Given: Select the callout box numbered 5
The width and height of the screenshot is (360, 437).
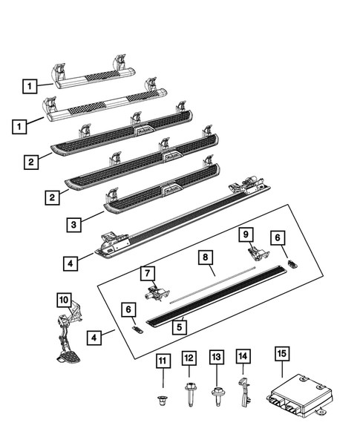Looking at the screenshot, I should tap(178, 325).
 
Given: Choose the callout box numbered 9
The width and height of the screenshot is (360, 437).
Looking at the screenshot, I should tap(245, 235).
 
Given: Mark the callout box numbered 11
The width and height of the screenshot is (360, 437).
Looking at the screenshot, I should tap(163, 361).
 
